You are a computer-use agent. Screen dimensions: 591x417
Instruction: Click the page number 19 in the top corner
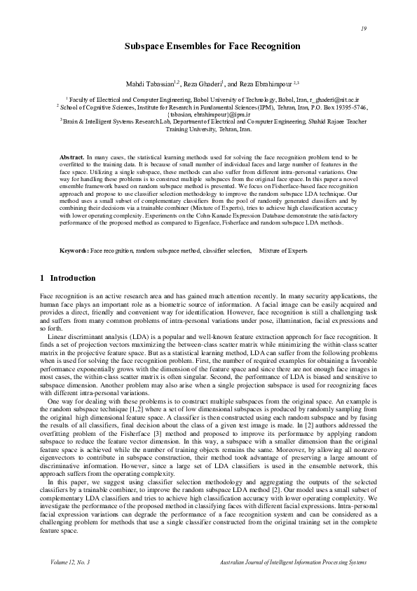point(364,28)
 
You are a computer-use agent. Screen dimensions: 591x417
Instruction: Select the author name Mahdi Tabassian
point(149,84)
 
